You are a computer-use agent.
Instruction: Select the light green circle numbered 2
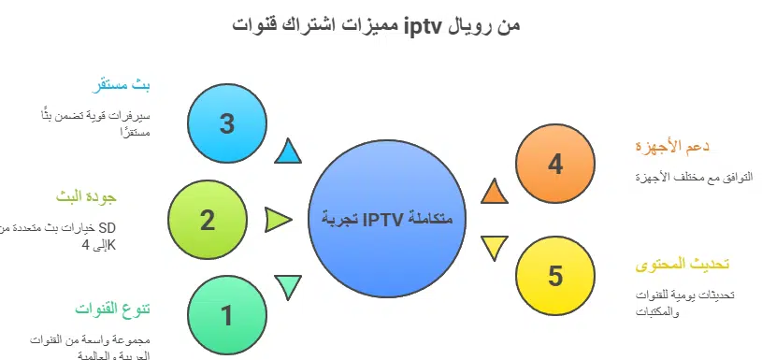point(207,221)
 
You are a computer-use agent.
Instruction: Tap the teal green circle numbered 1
point(225,316)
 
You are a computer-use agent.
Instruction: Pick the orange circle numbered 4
point(554,165)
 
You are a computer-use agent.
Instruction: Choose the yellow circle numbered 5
point(554,276)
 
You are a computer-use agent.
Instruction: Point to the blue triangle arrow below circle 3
point(288,151)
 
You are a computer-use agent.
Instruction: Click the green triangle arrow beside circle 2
point(278,221)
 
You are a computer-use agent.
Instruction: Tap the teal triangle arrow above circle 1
point(287,285)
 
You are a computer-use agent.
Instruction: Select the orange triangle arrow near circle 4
point(494,192)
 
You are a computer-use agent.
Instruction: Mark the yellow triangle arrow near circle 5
point(494,250)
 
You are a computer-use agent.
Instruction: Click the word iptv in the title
point(424,25)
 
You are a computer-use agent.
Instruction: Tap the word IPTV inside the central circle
point(384,221)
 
